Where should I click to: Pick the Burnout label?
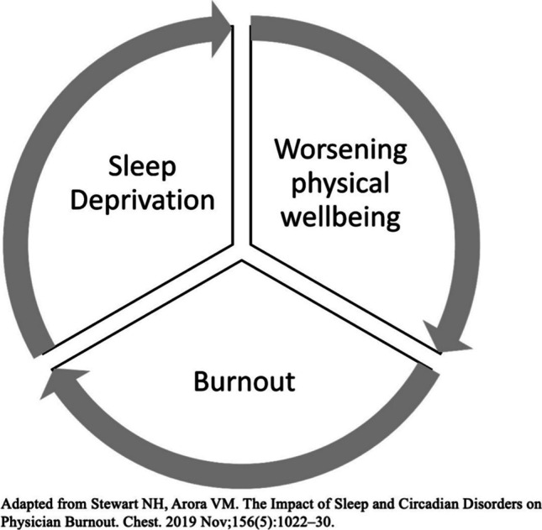(244, 382)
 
